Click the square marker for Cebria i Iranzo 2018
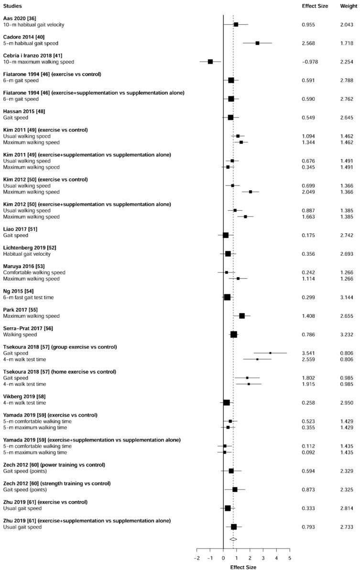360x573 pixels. [210, 62]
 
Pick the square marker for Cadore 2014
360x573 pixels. [257, 43]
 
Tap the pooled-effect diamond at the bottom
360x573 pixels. [233, 539]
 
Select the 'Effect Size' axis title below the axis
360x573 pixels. [243, 567]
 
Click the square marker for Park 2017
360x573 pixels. [242, 316]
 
